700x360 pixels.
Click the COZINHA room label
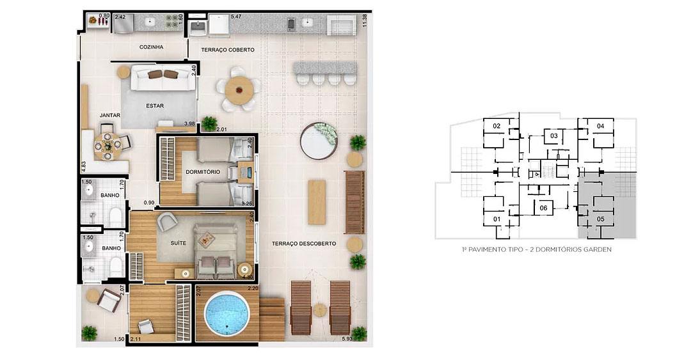(x=152, y=47)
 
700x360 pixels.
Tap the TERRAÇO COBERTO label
(x=228, y=50)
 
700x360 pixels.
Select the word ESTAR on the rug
(x=155, y=106)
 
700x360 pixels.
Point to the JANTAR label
(x=110, y=115)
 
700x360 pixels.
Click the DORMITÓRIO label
(x=203, y=172)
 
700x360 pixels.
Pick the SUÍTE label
(x=178, y=243)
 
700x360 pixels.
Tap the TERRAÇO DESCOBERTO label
(x=304, y=244)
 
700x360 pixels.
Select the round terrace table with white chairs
(x=239, y=90)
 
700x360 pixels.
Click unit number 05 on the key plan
(x=600, y=219)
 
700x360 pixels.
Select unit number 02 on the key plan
(x=497, y=126)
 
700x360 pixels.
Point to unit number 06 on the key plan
(x=543, y=208)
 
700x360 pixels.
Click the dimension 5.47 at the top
(x=236, y=17)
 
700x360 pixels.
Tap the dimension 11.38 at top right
(x=365, y=20)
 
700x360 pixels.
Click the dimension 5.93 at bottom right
(x=347, y=338)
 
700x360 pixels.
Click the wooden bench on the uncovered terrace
(x=354, y=202)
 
